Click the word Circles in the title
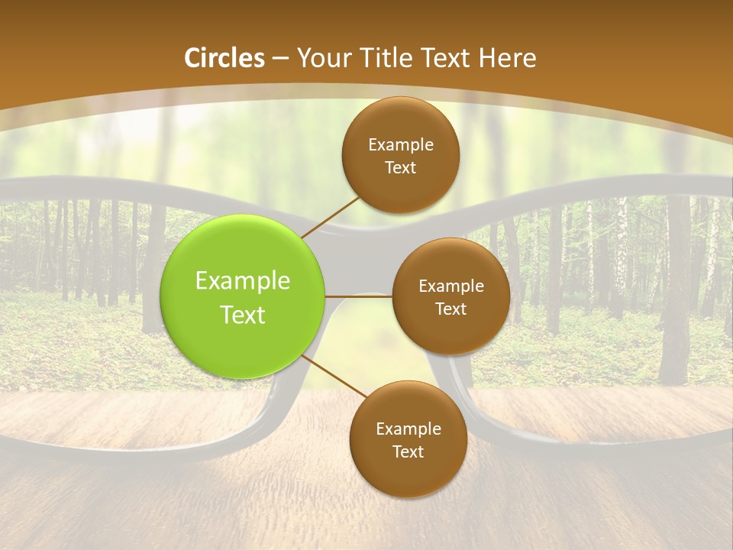pos(224,58)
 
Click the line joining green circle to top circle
pos(331,216)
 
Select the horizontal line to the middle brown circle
pos(359,296)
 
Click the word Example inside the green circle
pos(243,281)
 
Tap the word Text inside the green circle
pos(243,315)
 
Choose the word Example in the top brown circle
pos(401,145)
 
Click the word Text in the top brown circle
pos(401,167)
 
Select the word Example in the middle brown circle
pos(450,286)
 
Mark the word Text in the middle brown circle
pos(450,309)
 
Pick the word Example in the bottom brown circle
pos(408,429)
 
